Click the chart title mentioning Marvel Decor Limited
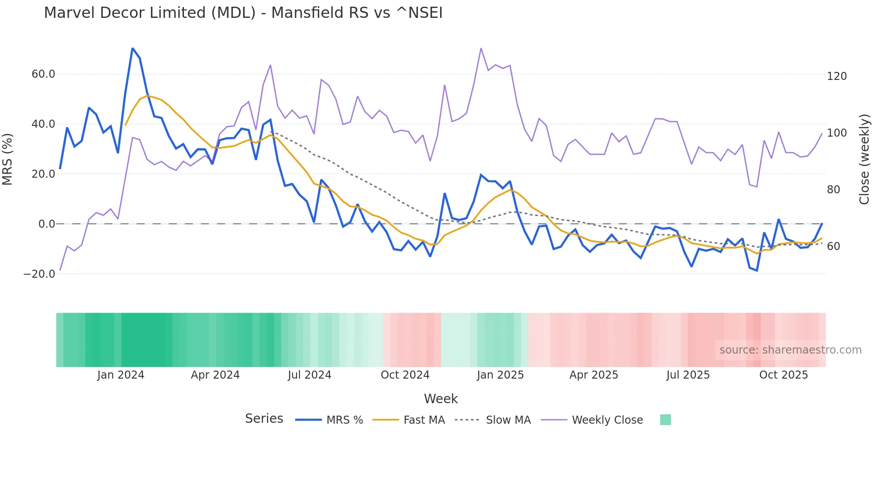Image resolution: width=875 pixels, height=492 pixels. coord(243,13)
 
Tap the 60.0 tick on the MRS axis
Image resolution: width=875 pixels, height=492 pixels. coord(43,74)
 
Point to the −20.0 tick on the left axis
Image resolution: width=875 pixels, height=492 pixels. coord(39,274)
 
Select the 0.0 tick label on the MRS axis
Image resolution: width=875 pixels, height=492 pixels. coord(46,224)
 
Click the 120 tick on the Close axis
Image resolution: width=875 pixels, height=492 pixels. coord(837,76)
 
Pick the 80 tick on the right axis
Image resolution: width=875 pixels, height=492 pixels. coord(833,190)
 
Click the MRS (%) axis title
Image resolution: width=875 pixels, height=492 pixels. coord(8,159)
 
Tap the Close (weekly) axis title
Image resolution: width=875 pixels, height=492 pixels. coord(865,159)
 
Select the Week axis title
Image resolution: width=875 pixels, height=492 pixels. coord(441,399)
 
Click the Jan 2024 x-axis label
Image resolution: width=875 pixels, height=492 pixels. coord(121,375)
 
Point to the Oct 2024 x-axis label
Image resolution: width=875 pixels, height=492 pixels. coord(405,375)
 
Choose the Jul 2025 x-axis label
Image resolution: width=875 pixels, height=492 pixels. coord(688,375)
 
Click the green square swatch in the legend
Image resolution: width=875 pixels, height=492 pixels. coord(665,420)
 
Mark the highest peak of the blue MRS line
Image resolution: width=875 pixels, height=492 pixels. coord(133,48)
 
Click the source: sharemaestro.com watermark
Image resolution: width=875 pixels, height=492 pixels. coord(790,350)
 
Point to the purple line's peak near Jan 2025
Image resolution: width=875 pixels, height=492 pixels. coord(481,48)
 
